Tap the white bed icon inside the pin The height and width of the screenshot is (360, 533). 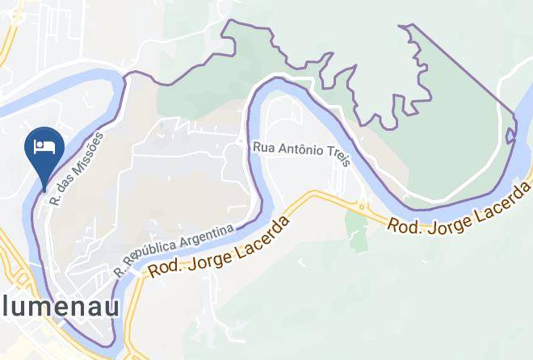pos(44,146)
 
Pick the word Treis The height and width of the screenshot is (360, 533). pos(339,157)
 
